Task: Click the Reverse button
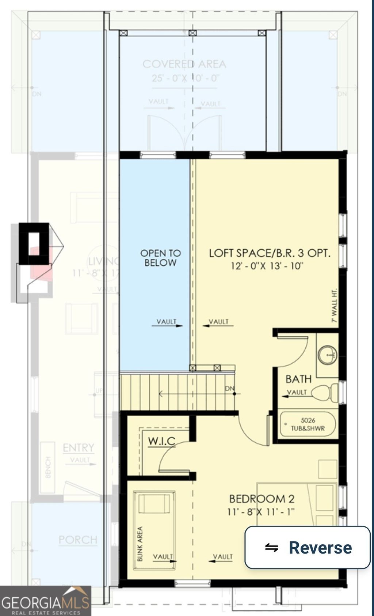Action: (x=308, y=547)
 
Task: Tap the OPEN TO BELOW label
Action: (x=160, y=258)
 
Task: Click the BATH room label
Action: (x=298, y=379)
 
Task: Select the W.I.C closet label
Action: (x=162, y=441)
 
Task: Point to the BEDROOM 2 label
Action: (x=262, y=499)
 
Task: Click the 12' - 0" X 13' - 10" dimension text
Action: (x=267, y=266)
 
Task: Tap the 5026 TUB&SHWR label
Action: (x=308, y=424)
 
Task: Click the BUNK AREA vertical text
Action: (x=140, y=544)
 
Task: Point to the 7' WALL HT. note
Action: (x=334, y=306)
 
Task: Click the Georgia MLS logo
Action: (x=45, y=601)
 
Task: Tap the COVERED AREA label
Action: (x=184, y=64)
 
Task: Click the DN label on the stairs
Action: (x=229, y=388)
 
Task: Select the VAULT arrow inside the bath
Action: (x=297, y=394)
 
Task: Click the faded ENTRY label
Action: (x=78, y=448)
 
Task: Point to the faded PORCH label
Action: (x=78, y=540)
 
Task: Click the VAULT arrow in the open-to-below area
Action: (x=167, y=323)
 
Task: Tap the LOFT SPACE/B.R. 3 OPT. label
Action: (x=270, y=253)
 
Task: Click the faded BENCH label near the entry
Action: (x=48, y=467)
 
